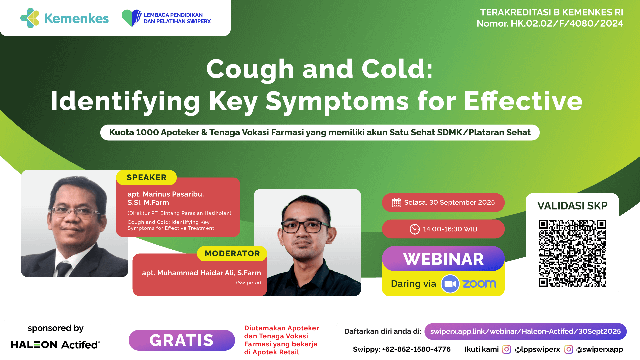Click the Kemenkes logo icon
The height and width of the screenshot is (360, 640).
click(30, 18)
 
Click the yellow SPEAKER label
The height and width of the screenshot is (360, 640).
click(146, 177)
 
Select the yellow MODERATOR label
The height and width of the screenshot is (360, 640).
click(232, 253)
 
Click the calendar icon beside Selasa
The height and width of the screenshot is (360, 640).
click(396, 202)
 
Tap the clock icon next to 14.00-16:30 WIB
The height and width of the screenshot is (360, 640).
click(414, 229)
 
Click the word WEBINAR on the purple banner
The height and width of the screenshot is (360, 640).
click(443, 259)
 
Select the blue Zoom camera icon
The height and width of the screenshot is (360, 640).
click(450, 284)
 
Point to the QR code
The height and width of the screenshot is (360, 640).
click(572, 253)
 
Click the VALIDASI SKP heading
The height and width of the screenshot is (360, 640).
click(572, 206)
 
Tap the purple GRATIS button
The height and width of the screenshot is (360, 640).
click(182, 340)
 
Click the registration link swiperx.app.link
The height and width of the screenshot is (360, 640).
click(525, 331)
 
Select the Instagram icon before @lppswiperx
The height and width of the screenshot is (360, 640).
click(506, 349)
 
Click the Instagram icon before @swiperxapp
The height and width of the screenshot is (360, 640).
click(568, 349)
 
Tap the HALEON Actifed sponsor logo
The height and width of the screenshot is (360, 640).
click(55, 344)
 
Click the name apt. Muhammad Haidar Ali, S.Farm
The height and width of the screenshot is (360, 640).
click(201, 273)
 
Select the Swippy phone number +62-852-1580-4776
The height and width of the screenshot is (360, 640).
click(416, 349)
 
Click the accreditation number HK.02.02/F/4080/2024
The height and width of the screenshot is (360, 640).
click(567, 23)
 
